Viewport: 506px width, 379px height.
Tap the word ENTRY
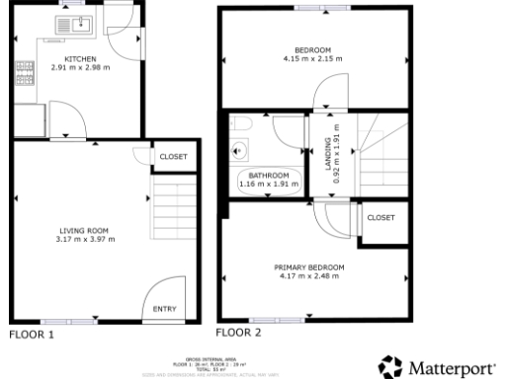[x=165, y=310]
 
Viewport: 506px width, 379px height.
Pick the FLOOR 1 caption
[x=32, y=335]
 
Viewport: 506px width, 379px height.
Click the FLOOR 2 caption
[x=238, y=333]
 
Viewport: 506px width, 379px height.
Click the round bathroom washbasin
[x=238, y=150]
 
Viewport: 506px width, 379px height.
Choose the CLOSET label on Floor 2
[x=379, y=217]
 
